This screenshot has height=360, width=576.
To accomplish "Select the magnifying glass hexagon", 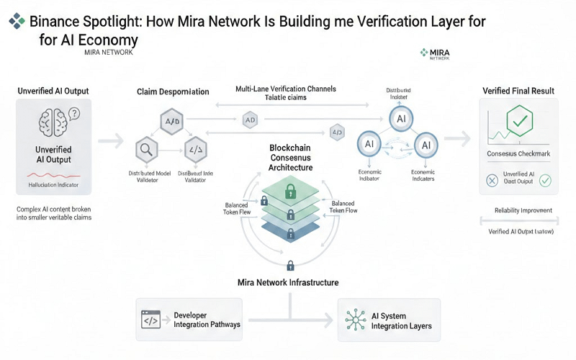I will [146, 150].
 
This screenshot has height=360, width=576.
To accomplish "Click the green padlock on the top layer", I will [290, 192].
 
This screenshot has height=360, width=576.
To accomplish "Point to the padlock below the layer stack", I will [289, 265].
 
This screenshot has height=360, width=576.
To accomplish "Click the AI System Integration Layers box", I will [389, 320].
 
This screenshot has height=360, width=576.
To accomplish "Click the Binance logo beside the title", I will [16, 22].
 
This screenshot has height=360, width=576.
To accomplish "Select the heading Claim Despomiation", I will [173, 92].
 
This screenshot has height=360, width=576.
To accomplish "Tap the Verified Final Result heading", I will [518, 91].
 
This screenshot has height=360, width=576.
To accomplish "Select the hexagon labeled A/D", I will [172, 122].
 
